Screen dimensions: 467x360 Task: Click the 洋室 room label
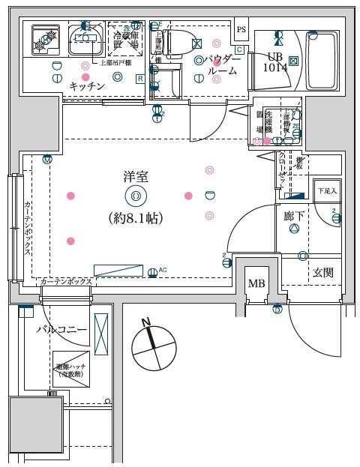click(x=135, y=178)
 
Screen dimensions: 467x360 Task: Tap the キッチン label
click(x=87, y=87)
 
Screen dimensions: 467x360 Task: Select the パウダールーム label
click(x=223, y=65)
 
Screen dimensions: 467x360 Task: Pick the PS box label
click(x=241, y=29)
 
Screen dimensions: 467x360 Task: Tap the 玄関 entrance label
click(x=323, y=272)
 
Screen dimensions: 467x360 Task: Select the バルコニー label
click(x=61, y=330)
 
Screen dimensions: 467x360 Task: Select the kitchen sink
click(x=82, y=40)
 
